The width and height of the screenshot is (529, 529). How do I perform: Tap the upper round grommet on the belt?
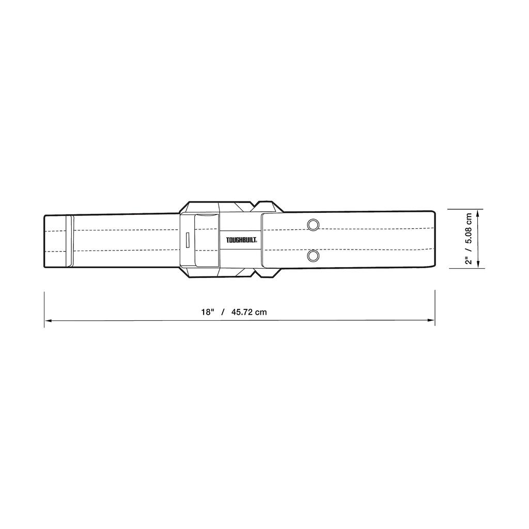(313, 224)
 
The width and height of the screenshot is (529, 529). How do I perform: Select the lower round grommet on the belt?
(313, 255)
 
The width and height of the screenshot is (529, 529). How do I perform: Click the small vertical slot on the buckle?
(188, 240)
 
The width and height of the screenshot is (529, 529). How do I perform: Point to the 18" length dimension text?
(208, 312)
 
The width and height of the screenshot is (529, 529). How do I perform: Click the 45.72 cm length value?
(249, 312)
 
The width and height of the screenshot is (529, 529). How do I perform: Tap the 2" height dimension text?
(469, 260)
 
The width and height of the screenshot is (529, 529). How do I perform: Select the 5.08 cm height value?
(469, 228)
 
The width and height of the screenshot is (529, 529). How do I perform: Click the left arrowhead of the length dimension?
(47, 321)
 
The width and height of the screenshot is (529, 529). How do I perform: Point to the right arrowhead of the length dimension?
(432, 321)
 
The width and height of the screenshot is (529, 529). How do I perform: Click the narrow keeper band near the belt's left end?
(69, 241)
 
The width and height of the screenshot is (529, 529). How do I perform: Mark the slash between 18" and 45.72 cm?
(223, 312)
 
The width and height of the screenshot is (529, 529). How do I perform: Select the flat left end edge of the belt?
(44, 241)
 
